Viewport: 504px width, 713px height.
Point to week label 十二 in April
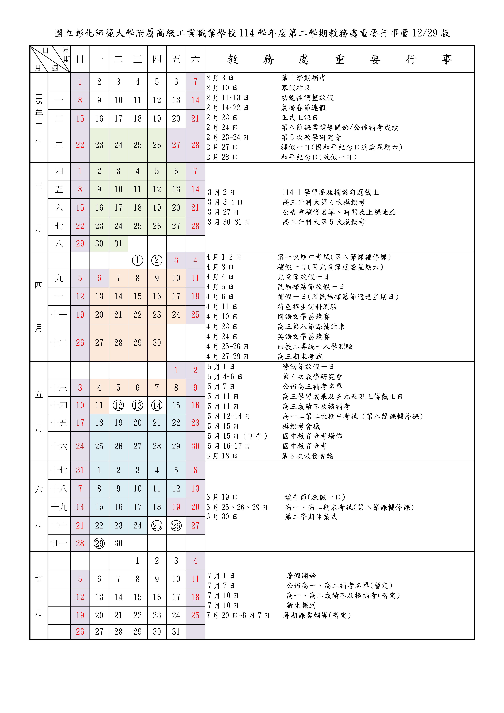[59, 343]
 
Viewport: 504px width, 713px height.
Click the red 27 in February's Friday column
[176, 145]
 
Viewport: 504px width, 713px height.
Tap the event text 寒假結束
[296, 88]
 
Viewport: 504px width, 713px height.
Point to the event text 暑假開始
[301, 575]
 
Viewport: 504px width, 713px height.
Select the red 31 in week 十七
[80, 470]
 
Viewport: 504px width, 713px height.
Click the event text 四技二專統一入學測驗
[315, 347]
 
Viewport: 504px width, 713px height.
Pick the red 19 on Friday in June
[176, 507]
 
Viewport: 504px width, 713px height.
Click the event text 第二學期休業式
[311, 517]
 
